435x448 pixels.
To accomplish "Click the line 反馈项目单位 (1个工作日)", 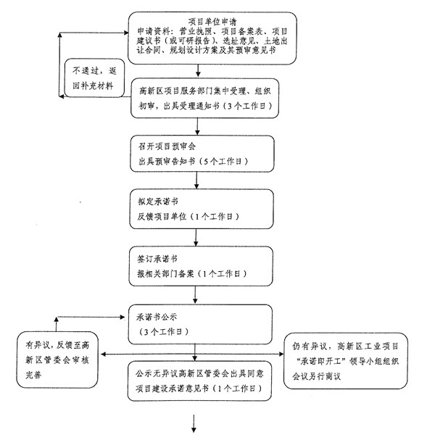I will [187, 216].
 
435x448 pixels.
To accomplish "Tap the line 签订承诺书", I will [157, 259].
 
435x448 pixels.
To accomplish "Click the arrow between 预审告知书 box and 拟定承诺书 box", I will [197, 182].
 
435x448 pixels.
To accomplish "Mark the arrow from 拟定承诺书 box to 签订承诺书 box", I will [196, 238].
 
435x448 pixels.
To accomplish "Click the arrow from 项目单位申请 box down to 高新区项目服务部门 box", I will [197, 70].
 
